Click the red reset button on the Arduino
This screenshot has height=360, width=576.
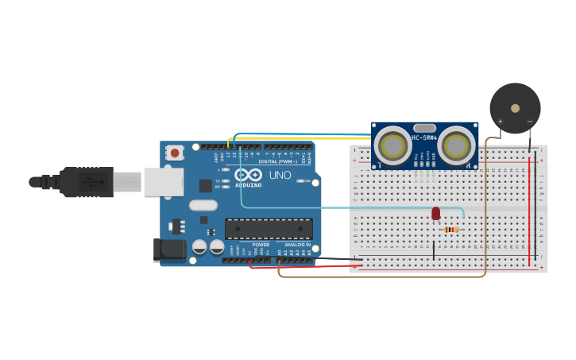(x=174, y=150)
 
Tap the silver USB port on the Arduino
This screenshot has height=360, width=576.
(x=164, y=182)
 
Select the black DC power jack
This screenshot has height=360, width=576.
(x=170, y=250)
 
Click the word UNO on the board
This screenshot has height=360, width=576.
(x=280, y=175)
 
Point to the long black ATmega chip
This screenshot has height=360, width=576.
(x=269, y=229)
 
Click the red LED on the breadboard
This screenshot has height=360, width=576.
(x=435, y=213)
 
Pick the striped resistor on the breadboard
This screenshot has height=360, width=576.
(x=451, y=230)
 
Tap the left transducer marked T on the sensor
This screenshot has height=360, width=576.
(x=393, y=146)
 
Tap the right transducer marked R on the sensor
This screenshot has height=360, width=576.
(x=457, y=146)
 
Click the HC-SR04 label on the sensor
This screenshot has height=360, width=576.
(x=424, y=137)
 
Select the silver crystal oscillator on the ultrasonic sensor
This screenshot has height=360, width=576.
(x=425, y=127)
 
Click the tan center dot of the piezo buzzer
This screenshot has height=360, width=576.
(x=515, y=108)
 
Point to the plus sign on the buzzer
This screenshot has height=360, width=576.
(x=500, y=122)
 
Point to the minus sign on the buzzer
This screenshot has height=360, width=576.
(x=530, y=122)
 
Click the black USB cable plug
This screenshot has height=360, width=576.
(x=87, y=182)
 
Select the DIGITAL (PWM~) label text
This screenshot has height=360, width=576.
(x=278, y=161)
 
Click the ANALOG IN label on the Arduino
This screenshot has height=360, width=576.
(x=298, y=245)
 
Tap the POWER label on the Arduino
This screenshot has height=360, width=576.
(x=261, y=245)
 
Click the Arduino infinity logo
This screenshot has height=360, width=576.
(x=247, y=175)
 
